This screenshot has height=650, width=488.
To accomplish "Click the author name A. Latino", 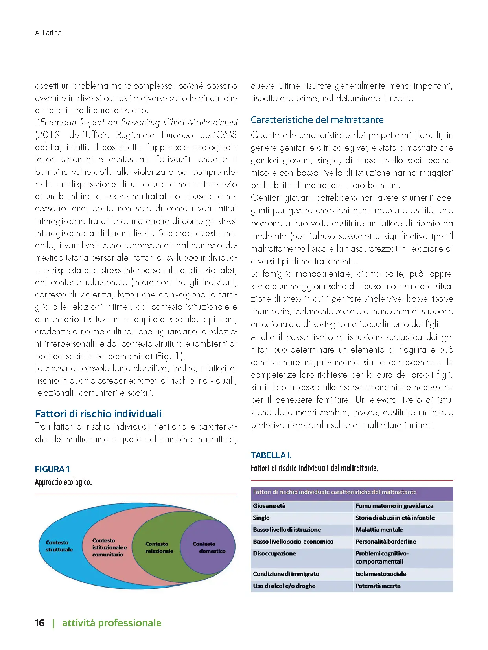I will pyautogui.click(x=48, y=33).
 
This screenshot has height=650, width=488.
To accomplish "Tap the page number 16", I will pyautogui.click(x=40, y=623).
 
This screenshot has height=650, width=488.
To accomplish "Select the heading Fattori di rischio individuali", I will pyautogui.click(x=98, y=414).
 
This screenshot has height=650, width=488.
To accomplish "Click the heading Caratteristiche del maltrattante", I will pyautogui.click(x=317, y=120).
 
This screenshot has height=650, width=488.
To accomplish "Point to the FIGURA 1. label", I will pyautogui.click(x=53, y=469).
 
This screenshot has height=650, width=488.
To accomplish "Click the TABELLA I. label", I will pyautogui.click(x=271, y=455).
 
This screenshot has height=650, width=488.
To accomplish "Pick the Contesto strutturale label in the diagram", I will pyautogui.click(x=59, y=546).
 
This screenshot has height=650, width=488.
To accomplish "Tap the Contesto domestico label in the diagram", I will pyautogui.click(x=208, y=547).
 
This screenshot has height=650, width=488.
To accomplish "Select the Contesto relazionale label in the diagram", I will pyautogui.click(x=159, y=547).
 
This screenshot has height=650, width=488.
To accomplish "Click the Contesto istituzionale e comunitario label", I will pyautogui.click(x=109, y=547).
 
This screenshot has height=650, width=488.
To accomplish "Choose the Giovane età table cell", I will pyautogui.click(x=269, y=506).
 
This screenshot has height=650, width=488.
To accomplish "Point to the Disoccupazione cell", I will pyautogui.click(x=274, y=553).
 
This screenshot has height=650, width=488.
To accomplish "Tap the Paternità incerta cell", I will pyautogui.click(x=378, y=586).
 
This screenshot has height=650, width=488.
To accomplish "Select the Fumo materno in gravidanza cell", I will pyautogui.click(x=394, y=506).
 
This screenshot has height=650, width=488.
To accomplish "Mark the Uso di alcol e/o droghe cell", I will pyautogui.click(x=284, y=586).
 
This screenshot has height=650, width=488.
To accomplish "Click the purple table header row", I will pyautogui.click(x=352, y=492).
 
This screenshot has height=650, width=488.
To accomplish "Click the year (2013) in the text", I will pyautogui.click(x=48, y=135).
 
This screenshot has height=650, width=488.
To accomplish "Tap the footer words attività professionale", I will pyautogui.click(x=112, y=623).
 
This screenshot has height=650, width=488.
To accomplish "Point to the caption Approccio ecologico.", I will pyautogui.click(x=63, y=482).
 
